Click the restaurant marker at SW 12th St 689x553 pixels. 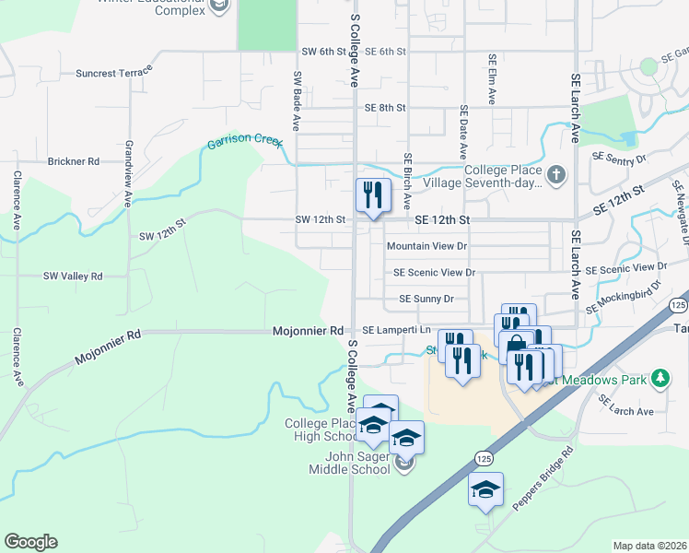coord(370,196)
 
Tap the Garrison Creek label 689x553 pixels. coord(242,143)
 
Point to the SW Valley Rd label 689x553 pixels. coord(73,276)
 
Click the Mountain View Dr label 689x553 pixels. coord(426,246)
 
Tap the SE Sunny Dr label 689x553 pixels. coord(426,299)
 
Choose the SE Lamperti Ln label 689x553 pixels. coord(396,330)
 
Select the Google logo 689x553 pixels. coord(30,542)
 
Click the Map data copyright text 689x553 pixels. coord(649,546)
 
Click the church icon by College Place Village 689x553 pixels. coord(555,173)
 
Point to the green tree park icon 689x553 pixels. coord(660,378)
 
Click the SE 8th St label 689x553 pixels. coord(385,108)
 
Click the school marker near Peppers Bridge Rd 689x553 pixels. coord(485,489)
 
